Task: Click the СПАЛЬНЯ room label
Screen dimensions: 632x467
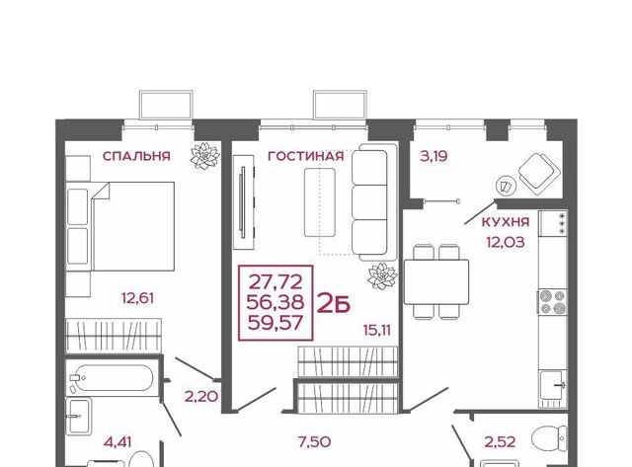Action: click(136, 156)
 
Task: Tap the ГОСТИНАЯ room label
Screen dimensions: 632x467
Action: click(306, 156)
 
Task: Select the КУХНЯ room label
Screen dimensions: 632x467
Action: click(506, 221)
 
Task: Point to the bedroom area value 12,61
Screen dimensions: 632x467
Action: click(138, 298)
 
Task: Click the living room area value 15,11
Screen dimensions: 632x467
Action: click(377, 331)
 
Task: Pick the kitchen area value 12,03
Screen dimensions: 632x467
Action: click(506, 242)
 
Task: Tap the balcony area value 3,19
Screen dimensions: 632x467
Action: click(434, 156)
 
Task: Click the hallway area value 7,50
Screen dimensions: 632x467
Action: click(314, 442)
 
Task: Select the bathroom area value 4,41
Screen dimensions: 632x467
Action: click(118, 442)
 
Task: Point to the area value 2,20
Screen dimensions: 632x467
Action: click(201, 397)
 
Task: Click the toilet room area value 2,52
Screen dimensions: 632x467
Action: click(500, 442)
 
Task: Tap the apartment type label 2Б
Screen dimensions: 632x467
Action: click(334, 304)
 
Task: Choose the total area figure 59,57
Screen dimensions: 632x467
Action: click(276, 323)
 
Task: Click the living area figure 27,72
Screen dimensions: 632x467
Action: click(276, 282)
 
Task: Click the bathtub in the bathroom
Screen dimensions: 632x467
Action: click(112, 378)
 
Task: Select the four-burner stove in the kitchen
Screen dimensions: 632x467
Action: click(553, 302)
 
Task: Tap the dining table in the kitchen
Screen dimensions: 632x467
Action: click(436, 282)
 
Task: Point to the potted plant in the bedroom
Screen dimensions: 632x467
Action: click(205, 156)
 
